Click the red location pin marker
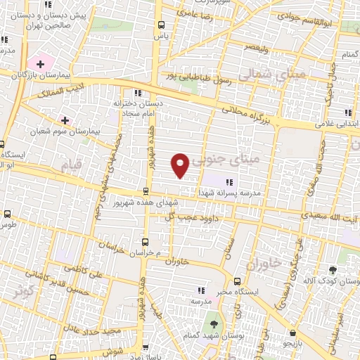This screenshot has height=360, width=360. [x=181, y=165]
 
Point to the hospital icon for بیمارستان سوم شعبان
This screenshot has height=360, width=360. [x=65, y=121]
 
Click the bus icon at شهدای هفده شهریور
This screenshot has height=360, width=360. [x=146, y=191]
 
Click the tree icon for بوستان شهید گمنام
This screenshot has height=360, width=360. [x=215, y=323]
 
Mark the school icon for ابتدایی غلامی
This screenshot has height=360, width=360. [x=347, y=112]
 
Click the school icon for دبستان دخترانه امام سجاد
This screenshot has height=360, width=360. [x=139, y=92]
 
